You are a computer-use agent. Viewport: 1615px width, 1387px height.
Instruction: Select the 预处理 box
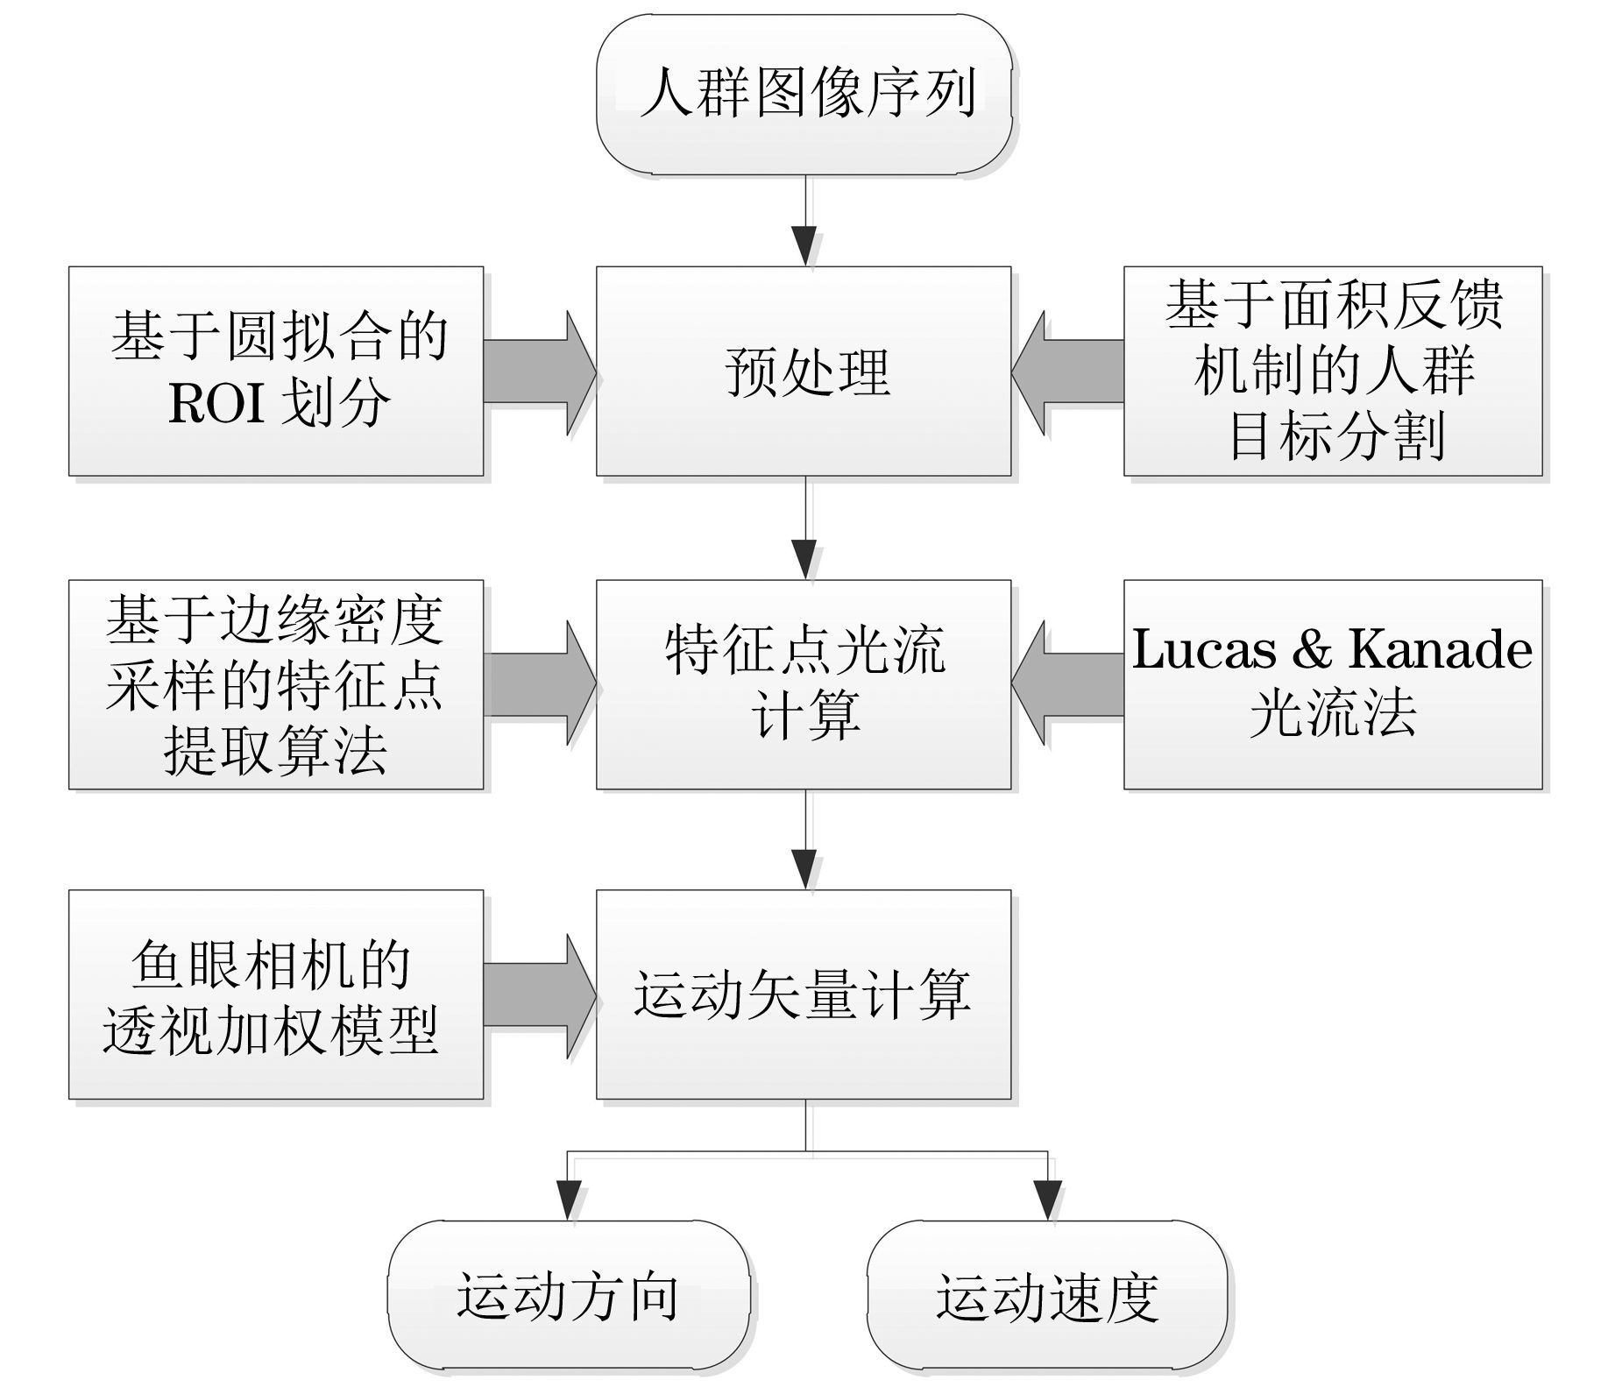coord(804,372)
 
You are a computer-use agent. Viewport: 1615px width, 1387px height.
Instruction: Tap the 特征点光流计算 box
coord(804,684)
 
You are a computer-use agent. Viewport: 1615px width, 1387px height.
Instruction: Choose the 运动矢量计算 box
coord(804,994)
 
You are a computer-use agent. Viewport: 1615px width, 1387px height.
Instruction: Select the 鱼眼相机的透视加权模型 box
coord(276,994)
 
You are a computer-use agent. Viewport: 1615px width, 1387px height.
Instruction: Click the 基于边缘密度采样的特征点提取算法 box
coord(276,684)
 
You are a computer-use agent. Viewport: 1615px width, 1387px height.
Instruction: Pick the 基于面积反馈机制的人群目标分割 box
coord(1333,372)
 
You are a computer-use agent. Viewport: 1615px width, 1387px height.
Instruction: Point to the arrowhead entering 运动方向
coord(569,1199)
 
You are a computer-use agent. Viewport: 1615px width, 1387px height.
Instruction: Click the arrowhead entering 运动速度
coord(1047,1199)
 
